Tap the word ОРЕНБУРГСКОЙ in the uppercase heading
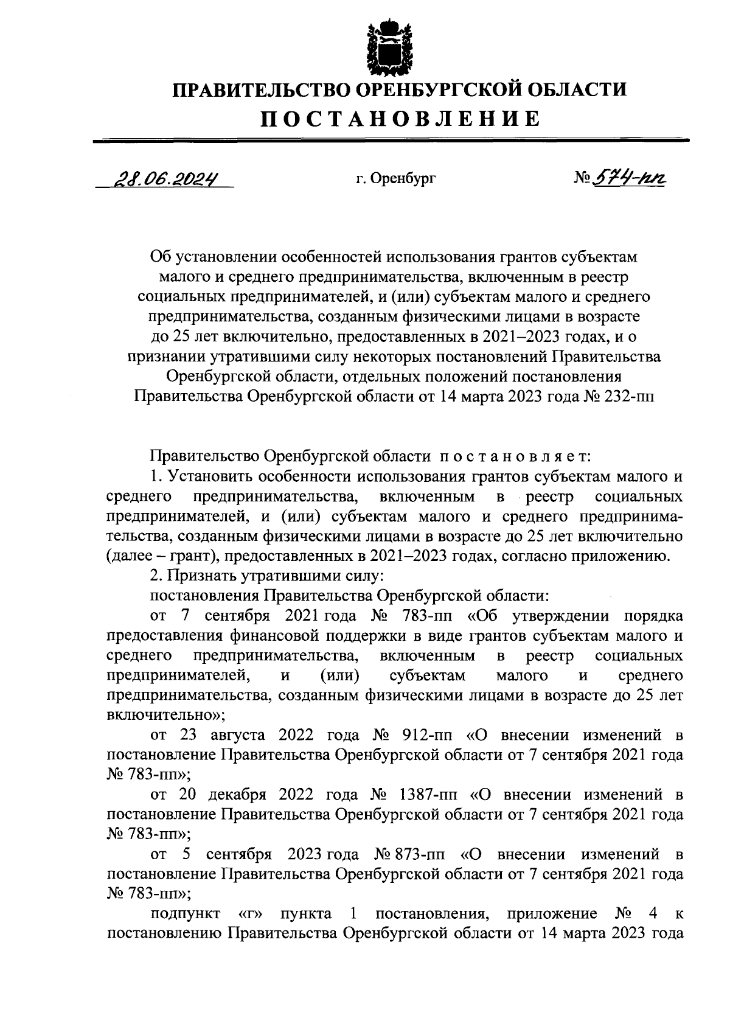433,90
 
